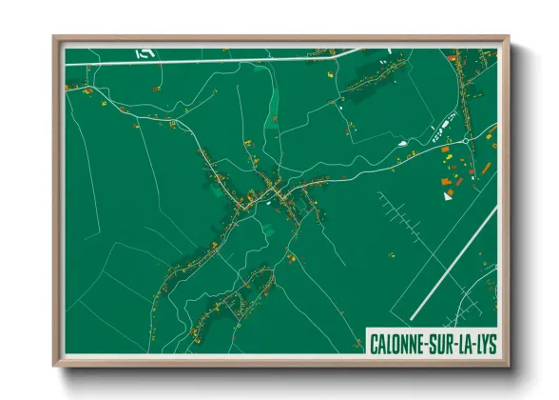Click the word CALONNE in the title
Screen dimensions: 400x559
(397, 342)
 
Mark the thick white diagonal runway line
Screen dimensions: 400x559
(454, 263)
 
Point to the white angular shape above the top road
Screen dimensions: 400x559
(144, 52)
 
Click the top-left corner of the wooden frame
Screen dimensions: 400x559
(54, 37)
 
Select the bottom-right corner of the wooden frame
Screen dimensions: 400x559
(508, 366)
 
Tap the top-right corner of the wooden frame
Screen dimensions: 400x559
(508, 37)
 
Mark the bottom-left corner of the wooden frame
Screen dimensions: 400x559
(54, 366)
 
